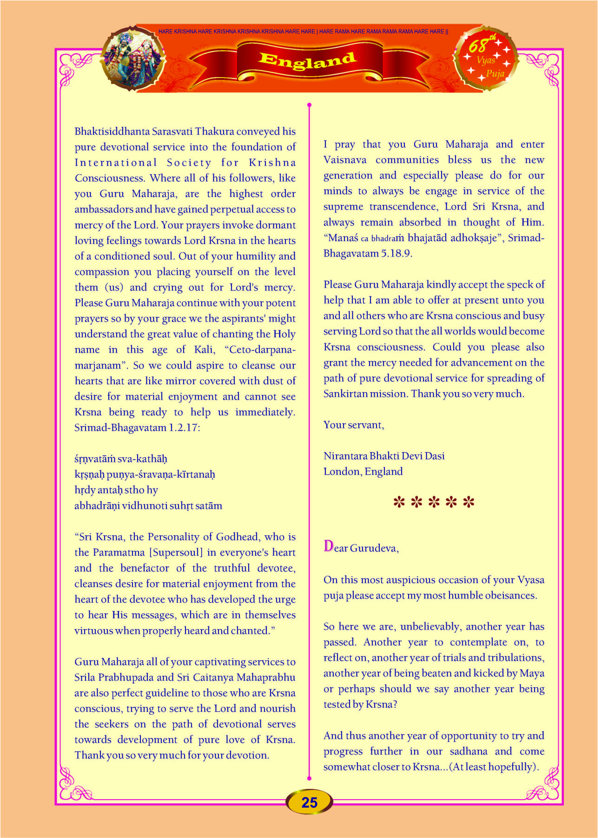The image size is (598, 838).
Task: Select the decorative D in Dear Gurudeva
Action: [328, 546]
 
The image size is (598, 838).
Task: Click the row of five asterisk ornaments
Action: [433, 502]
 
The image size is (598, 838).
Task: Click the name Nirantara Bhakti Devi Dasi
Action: [384, 456]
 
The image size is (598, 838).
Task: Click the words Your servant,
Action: [354, 425]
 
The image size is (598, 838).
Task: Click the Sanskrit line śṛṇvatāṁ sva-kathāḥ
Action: [121, 459]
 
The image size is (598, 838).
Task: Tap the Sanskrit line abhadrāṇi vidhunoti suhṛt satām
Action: [148, 506]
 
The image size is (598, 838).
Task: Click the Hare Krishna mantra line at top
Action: [303, 32]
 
